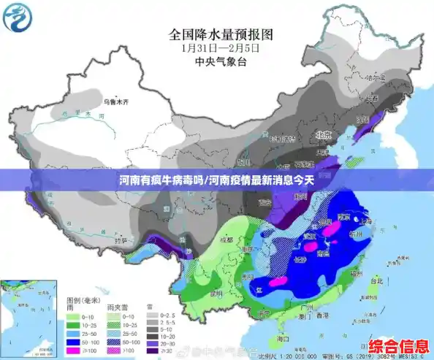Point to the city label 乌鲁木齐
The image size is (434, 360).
pos(115,102)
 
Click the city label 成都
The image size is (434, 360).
pos(226,240)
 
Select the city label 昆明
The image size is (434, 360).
pos(216,294)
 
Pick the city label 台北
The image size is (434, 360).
pos(376,281)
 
